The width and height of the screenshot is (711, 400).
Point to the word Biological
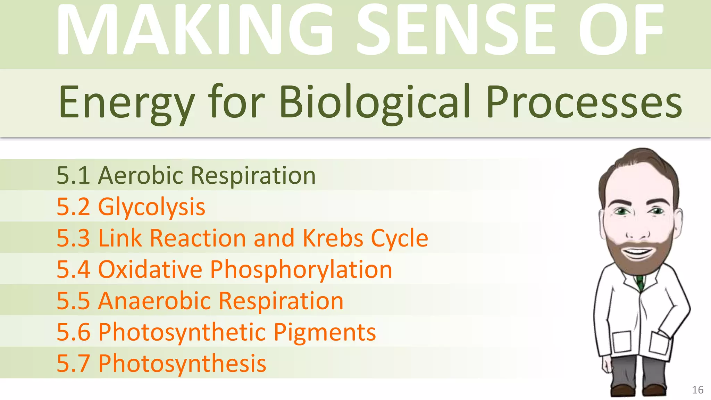(375, 102)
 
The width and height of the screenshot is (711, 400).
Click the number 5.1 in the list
(73, 175)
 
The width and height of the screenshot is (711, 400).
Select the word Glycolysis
(152, 207)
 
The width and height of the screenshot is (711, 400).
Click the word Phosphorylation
(301, 269)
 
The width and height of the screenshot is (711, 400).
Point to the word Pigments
(325, 332)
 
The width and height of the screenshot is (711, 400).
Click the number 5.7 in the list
(73, 364)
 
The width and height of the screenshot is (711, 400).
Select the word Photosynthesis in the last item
(182, 364)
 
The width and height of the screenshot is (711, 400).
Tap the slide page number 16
(697, 390)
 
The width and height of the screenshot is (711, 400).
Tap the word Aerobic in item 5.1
(141, 175)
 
